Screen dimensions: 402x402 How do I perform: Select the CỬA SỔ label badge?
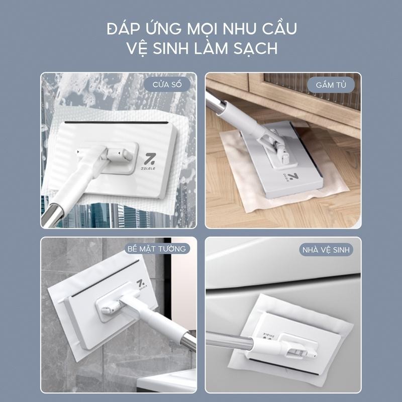(x=167, y=84)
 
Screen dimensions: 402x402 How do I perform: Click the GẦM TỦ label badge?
(x=331, y=85)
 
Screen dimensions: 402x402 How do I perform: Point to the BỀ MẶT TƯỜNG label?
(x=157, y=249)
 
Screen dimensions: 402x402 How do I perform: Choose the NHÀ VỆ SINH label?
(x=326, y=250)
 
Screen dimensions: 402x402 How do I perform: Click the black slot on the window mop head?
(x=116, y=123)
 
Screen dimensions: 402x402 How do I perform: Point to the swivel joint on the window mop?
(x=119, y=155)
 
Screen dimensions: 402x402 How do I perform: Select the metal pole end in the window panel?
(x=53, y=214)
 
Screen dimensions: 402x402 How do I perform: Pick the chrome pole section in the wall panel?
(x=188, y=341)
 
